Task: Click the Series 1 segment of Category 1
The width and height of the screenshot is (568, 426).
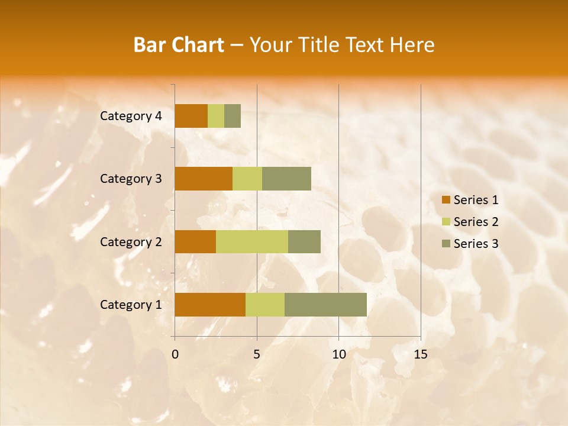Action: click(x=210, y=305)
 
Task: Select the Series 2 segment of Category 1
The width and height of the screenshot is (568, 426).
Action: click(x=265, y=305)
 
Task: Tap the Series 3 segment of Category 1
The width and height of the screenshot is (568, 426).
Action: click(x=325, y=305)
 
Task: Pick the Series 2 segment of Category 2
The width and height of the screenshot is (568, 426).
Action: click(x=252, y=241)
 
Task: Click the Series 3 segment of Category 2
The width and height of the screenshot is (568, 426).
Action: click(x=304, y=241)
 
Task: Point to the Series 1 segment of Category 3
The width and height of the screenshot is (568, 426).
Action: click(x=204, y=179)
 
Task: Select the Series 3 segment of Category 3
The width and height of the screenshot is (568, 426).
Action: click(x=286, y=179)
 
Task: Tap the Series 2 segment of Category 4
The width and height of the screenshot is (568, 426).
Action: click(x=216, y=116)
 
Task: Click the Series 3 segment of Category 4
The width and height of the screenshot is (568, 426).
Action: click(x=233, y=116)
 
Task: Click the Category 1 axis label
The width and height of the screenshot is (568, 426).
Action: click(x=131, y=305)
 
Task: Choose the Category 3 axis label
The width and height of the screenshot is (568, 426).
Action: click(x=131, y=179)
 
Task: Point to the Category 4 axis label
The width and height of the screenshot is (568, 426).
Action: click(x=131, y=116)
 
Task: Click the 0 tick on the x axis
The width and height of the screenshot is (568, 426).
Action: click(x=175, y=354)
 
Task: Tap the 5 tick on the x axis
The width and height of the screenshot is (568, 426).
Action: click(x=257, y=354)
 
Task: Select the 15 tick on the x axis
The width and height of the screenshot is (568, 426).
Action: click(x=420, y=354)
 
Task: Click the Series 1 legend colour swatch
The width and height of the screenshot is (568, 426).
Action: click(x=446, y=200)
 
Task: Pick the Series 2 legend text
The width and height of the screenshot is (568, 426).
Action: click(x=476, y=222)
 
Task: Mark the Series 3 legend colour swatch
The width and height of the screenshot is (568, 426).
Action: click(x=446, y=244)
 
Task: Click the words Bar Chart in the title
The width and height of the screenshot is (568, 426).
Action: click(x=179, y=45)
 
